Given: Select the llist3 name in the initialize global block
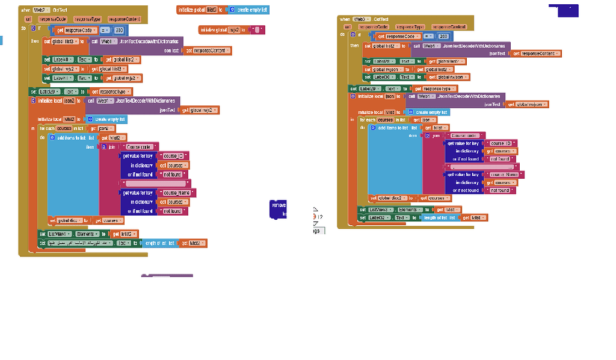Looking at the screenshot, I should click(212, 10).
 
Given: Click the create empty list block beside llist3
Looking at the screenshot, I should click(248, 10).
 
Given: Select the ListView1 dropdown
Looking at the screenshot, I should click(61, 234).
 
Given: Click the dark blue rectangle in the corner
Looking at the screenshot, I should click(564, 10).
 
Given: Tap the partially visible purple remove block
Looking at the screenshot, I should click(279, 208).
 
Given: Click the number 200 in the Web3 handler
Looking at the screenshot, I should click(444, 37).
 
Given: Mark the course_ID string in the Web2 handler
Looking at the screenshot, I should click(175, 156).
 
